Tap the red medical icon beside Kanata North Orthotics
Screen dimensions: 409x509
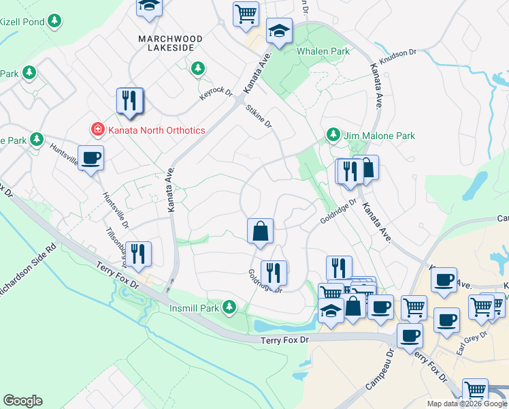click(98, 130)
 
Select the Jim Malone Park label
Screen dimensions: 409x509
click(379, 136)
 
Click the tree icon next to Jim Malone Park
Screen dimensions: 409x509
click(333, 134)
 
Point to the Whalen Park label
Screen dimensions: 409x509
click(323, 51)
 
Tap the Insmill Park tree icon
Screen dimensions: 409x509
click(230, 307)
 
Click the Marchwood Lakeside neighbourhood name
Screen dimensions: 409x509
click(167, 44)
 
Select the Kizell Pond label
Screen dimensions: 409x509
click(21, 22)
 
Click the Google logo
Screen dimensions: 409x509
click(22, 401)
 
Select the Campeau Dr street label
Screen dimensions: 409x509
click(380, 371)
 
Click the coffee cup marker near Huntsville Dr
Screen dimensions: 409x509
click(91, 160)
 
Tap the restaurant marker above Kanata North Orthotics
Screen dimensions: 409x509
click(129, 102)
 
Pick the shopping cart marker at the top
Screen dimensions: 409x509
click(246, 14)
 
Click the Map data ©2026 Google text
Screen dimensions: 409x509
click(467, 404)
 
